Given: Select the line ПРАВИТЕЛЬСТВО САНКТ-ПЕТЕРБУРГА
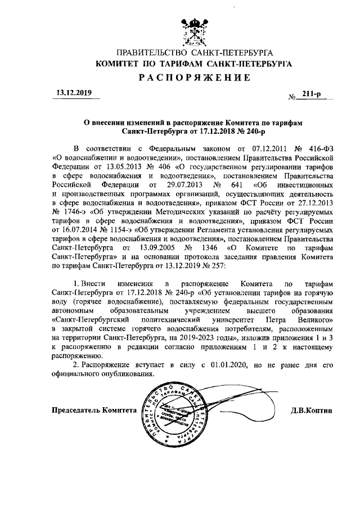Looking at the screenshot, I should [194, 53].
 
